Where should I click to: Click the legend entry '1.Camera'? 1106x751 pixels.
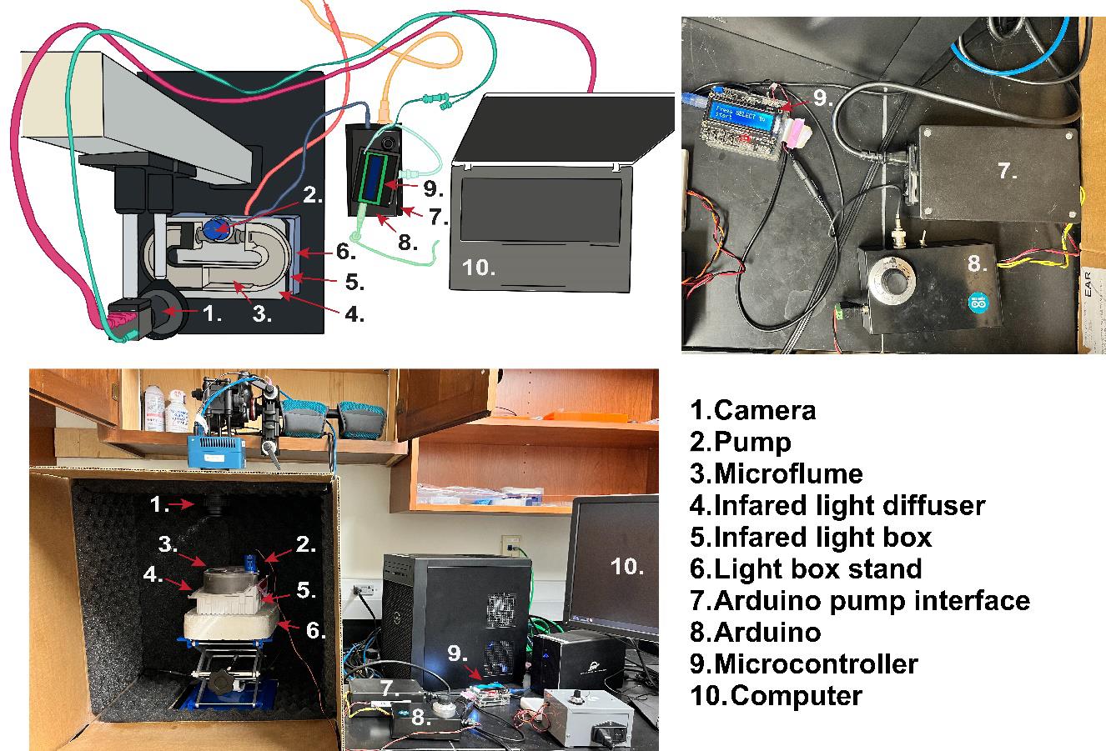[x=752, y=410]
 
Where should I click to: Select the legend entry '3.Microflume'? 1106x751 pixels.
[x=776, y=473]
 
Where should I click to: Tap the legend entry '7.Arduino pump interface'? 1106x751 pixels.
[x=859, y=600]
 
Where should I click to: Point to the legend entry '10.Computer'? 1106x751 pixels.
[x=776, y=695]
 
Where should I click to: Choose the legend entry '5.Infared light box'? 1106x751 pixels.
[x=810, y=537]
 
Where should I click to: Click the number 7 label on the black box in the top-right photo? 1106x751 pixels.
[x=1007, y=171]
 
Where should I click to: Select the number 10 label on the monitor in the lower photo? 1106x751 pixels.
[x=626, y=567]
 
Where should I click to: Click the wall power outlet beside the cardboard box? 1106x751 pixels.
[x=362, y=593]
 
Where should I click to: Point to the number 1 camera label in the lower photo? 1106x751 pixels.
[x=159, y=504]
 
